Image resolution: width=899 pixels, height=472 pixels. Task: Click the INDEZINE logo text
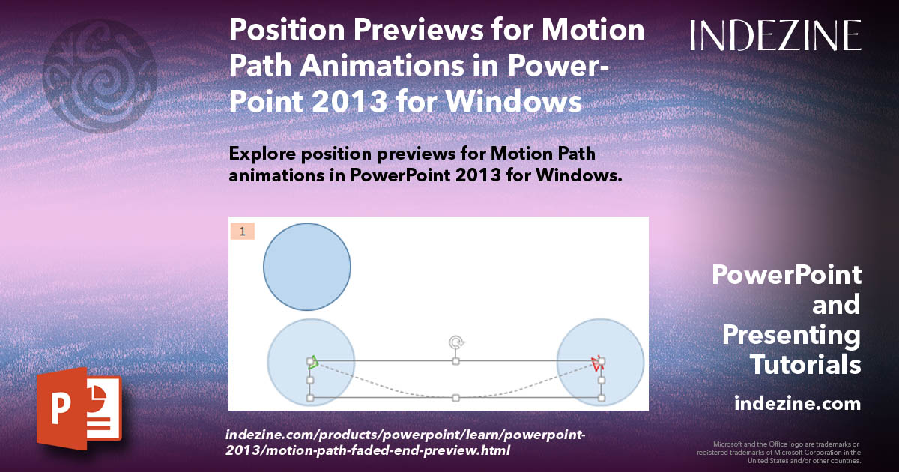point(775,36)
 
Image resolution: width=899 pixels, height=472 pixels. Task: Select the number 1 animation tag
point(242,232)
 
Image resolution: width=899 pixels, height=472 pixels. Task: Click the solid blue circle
point(307,267)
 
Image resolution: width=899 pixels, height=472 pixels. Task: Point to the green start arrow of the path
point(314,363)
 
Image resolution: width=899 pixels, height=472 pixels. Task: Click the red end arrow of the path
point(596,364)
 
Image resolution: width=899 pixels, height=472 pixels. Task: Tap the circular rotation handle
point(455,342)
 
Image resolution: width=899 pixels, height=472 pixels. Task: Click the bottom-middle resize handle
point(455,398)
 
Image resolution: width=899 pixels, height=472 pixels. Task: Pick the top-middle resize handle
point(455,361)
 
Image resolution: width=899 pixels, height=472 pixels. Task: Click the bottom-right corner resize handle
point(602,398)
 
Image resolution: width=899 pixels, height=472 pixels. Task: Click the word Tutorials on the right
point(805,365)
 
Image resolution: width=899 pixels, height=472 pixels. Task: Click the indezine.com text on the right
point(797,404)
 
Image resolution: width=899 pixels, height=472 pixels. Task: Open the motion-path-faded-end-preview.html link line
point(367,451)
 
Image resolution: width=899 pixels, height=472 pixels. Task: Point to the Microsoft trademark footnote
point(778,453)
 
